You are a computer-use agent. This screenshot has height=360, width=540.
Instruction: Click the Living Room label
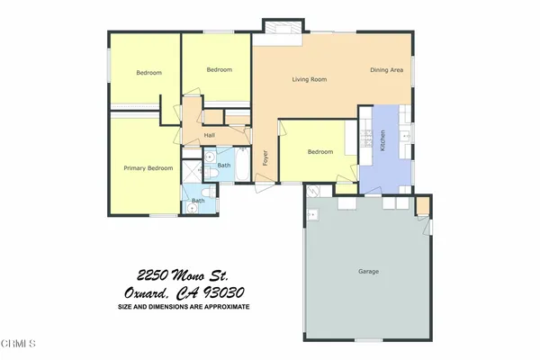click(309, 79)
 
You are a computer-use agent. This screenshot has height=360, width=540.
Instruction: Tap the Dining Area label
click(386, 70)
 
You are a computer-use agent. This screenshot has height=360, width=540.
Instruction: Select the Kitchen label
click(382, 141)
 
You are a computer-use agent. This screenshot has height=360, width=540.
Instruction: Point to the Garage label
click(367, 271)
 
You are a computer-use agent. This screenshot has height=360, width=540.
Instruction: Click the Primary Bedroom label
click(148, 168)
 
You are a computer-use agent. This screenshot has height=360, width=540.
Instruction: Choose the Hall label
click(209, 135)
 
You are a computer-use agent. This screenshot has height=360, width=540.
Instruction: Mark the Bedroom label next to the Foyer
click(320, 152)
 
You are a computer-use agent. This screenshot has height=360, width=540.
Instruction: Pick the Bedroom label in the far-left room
click(148, 73)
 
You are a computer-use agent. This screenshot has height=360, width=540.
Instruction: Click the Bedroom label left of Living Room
click(219, 69)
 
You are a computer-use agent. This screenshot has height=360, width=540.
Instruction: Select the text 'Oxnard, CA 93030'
click(184, 292)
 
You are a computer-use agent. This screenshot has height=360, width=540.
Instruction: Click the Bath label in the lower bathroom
click(197, 201)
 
